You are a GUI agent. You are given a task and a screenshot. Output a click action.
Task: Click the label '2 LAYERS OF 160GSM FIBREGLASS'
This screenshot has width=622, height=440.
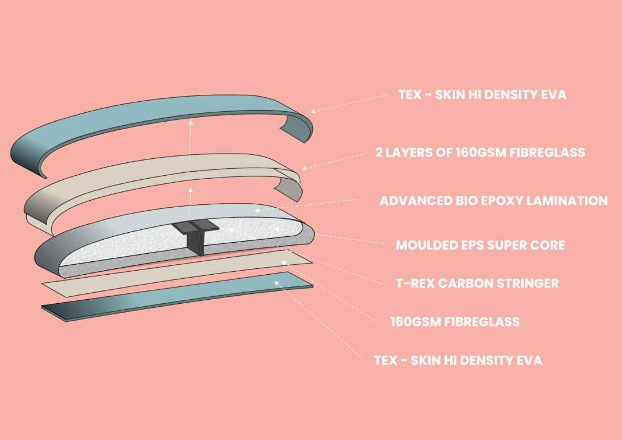(480, 152)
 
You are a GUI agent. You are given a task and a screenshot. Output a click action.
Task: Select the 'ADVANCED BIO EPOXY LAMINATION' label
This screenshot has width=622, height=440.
(493, 201)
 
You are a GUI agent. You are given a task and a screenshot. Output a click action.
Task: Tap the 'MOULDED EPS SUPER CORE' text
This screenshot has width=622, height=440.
(480, 245)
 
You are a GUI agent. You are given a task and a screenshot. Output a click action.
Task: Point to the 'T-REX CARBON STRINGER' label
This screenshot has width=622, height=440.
(477, 283)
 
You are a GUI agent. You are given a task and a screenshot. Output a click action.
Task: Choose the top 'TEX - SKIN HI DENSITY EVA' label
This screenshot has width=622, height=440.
(482, 94)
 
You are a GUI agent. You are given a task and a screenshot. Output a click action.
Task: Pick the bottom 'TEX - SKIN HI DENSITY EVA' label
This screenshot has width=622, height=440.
(458, 360)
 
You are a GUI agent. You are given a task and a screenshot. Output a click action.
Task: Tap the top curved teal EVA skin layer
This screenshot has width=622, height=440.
(145, 122)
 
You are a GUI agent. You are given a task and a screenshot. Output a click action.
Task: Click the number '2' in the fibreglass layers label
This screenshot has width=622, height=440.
(379, 152)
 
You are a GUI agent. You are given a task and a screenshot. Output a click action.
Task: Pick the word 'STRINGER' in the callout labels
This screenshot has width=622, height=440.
(530, 283)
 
